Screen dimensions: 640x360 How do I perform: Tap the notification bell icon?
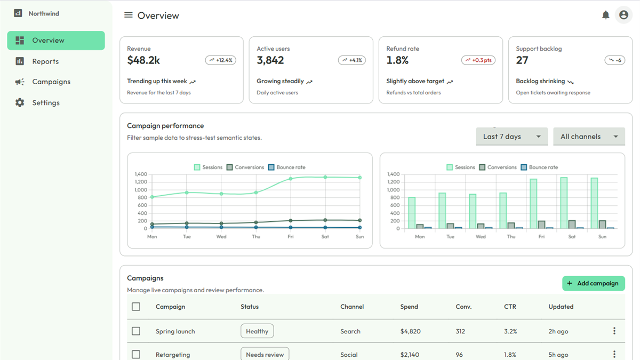click(x=605, y=15)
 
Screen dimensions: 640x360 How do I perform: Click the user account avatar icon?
click(x=623, y=15)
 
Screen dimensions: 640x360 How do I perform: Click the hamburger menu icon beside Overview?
click(x=129, y=15)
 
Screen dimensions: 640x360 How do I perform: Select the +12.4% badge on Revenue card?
click(x=221, y=60)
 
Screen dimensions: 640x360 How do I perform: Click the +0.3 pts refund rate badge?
click(x=478, y=60)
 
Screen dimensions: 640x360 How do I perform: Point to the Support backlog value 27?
click(x=522, y=60)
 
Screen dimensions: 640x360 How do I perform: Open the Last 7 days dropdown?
click(x=511, y=137)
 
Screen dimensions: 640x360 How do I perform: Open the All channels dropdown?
click(x=589, y=137)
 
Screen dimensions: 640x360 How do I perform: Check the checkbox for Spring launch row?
click(x=136, y=331)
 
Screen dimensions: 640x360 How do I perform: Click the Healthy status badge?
click(x=257, y=331)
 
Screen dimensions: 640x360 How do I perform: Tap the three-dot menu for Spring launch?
click(x=614, y=331)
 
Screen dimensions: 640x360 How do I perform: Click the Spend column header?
click(x=409, y=307)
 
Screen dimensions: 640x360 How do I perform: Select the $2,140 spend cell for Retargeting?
click(x=410, y=355)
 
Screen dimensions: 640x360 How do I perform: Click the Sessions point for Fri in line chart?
click(x=291, y=179)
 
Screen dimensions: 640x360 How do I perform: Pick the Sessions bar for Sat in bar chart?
click(x=564, y=203)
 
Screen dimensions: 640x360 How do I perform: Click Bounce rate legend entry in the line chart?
click(x=287, y=167)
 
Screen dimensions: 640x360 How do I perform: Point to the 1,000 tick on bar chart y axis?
click(x=393, y=190)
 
